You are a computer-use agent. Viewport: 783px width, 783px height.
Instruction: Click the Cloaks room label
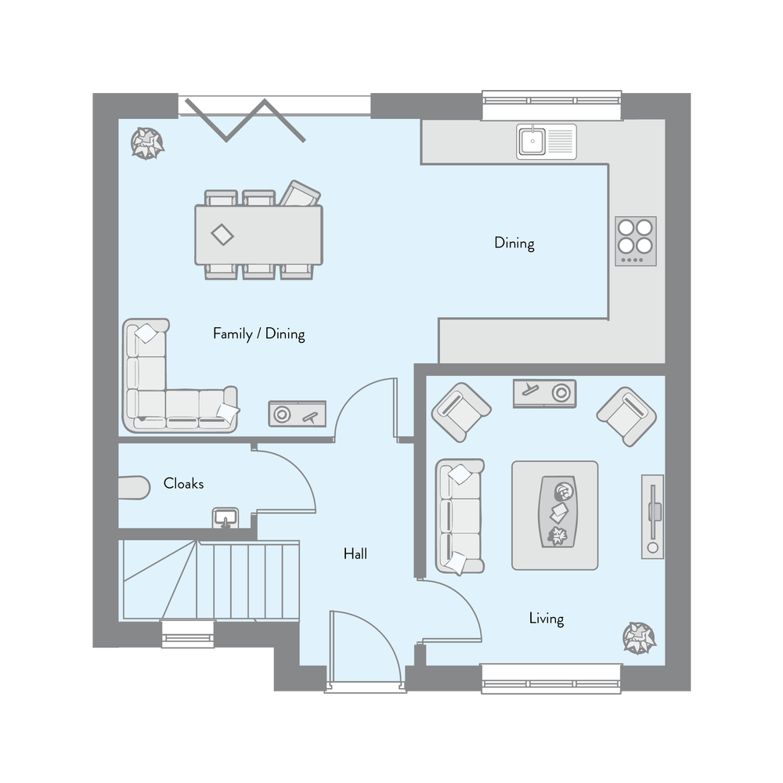(183, 484)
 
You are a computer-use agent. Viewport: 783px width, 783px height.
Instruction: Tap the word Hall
(355, 554)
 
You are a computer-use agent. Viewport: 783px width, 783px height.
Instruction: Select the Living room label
(546, 619)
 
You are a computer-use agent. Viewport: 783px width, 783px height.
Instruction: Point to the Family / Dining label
(258, 334)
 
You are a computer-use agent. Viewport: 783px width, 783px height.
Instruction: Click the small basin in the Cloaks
(226, 518)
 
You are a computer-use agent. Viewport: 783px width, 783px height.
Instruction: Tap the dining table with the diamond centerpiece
(258, 234)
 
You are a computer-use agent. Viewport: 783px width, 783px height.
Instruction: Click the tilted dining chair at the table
(300, 193)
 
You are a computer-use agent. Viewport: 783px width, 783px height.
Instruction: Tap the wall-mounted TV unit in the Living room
(652, 516)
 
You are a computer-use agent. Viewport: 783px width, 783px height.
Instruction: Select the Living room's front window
(551, 678)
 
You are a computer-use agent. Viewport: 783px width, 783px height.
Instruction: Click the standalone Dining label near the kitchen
(514, 243)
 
